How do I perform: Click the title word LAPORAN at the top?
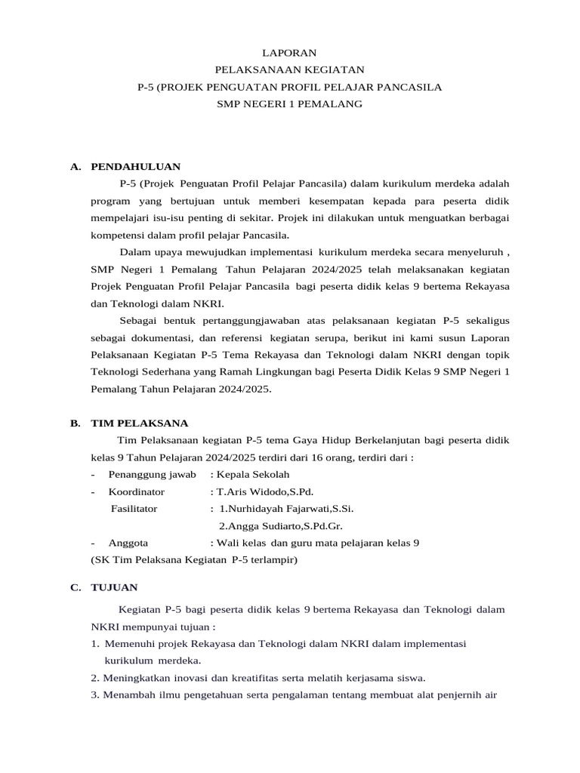coord(289,53)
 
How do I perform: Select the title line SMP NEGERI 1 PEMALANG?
coord(289,104)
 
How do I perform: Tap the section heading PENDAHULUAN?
coord(135,166)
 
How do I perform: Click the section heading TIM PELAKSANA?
coord(139,423)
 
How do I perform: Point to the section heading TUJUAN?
coord(114,587)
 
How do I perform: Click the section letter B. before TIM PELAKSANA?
coord(76,423)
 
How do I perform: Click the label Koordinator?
coord(136,491)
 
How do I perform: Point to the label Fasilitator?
coord(134,509)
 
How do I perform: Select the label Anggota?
coord(128,543)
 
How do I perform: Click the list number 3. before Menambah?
coord(95,694)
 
